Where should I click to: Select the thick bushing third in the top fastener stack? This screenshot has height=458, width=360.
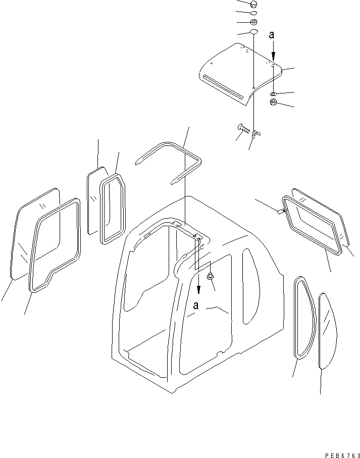tap(254, 22)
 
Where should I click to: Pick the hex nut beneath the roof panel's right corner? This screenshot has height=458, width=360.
tap(273, 103)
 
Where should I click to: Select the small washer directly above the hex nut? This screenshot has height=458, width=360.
tap(273, 93)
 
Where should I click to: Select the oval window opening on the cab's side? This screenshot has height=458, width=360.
tap(248, 286)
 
